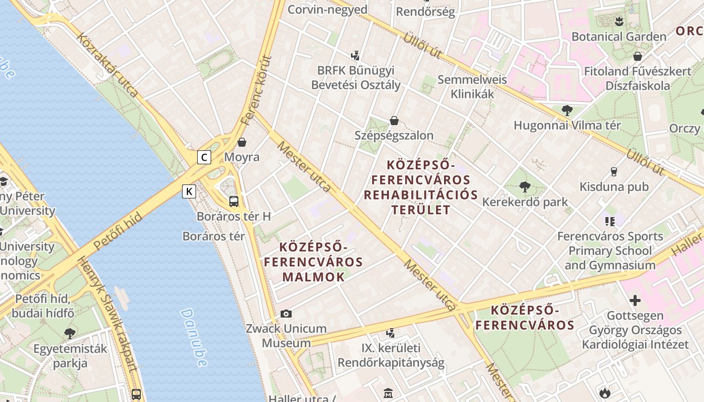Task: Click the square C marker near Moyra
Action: click(204, 157)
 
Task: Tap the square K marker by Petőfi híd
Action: click(189, 191)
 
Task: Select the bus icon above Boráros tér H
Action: click(234, 202)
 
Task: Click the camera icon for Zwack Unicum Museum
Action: click(286, 314)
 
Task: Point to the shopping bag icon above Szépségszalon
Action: click(394, 121)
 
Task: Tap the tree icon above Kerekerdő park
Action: click(524, 187)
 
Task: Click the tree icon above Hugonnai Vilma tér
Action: click(567, 110)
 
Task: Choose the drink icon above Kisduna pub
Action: click(613, 172)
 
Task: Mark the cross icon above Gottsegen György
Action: click(635, 300)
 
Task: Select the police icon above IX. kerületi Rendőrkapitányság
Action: click(390, 333)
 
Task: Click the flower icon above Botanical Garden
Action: click(619, 21)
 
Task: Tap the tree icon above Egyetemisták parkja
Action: click(70, 333)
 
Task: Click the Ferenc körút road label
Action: click(256, 91)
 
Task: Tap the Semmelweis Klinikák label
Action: click(472, 86)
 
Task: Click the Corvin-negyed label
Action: click(327, 10)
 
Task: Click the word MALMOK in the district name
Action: click(313, 276)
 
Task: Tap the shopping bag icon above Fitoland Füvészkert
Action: click(638, 56)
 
